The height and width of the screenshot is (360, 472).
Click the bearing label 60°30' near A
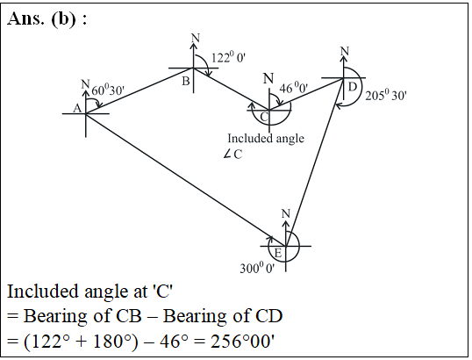tap(108, 90)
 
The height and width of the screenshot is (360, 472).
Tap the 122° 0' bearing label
tap(228, 57)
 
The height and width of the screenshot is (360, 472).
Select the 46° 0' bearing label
tap(294, 88)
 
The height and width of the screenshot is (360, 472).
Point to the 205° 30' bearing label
tap(386, 95)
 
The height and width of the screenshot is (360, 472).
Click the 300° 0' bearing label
tap(257, 268)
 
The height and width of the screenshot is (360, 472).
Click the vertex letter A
tap(77, 108)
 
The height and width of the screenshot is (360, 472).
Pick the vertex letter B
tap(186, 81)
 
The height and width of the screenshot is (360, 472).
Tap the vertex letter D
tap(352, 87)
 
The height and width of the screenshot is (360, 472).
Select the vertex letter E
tap(278, 253)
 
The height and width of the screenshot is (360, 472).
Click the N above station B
tap(196, 38)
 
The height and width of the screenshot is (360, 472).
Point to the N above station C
tap(268, 79)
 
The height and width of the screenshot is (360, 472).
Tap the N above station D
tap(345, 51)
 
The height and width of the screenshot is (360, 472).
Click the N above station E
tap(286, 213)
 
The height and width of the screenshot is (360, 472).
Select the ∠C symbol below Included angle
tap(233, 155)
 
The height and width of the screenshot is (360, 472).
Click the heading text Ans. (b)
tap(47, 18)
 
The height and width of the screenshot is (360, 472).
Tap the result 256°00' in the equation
tap(243, 342)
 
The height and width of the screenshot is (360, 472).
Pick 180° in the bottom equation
tap(112, 342)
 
